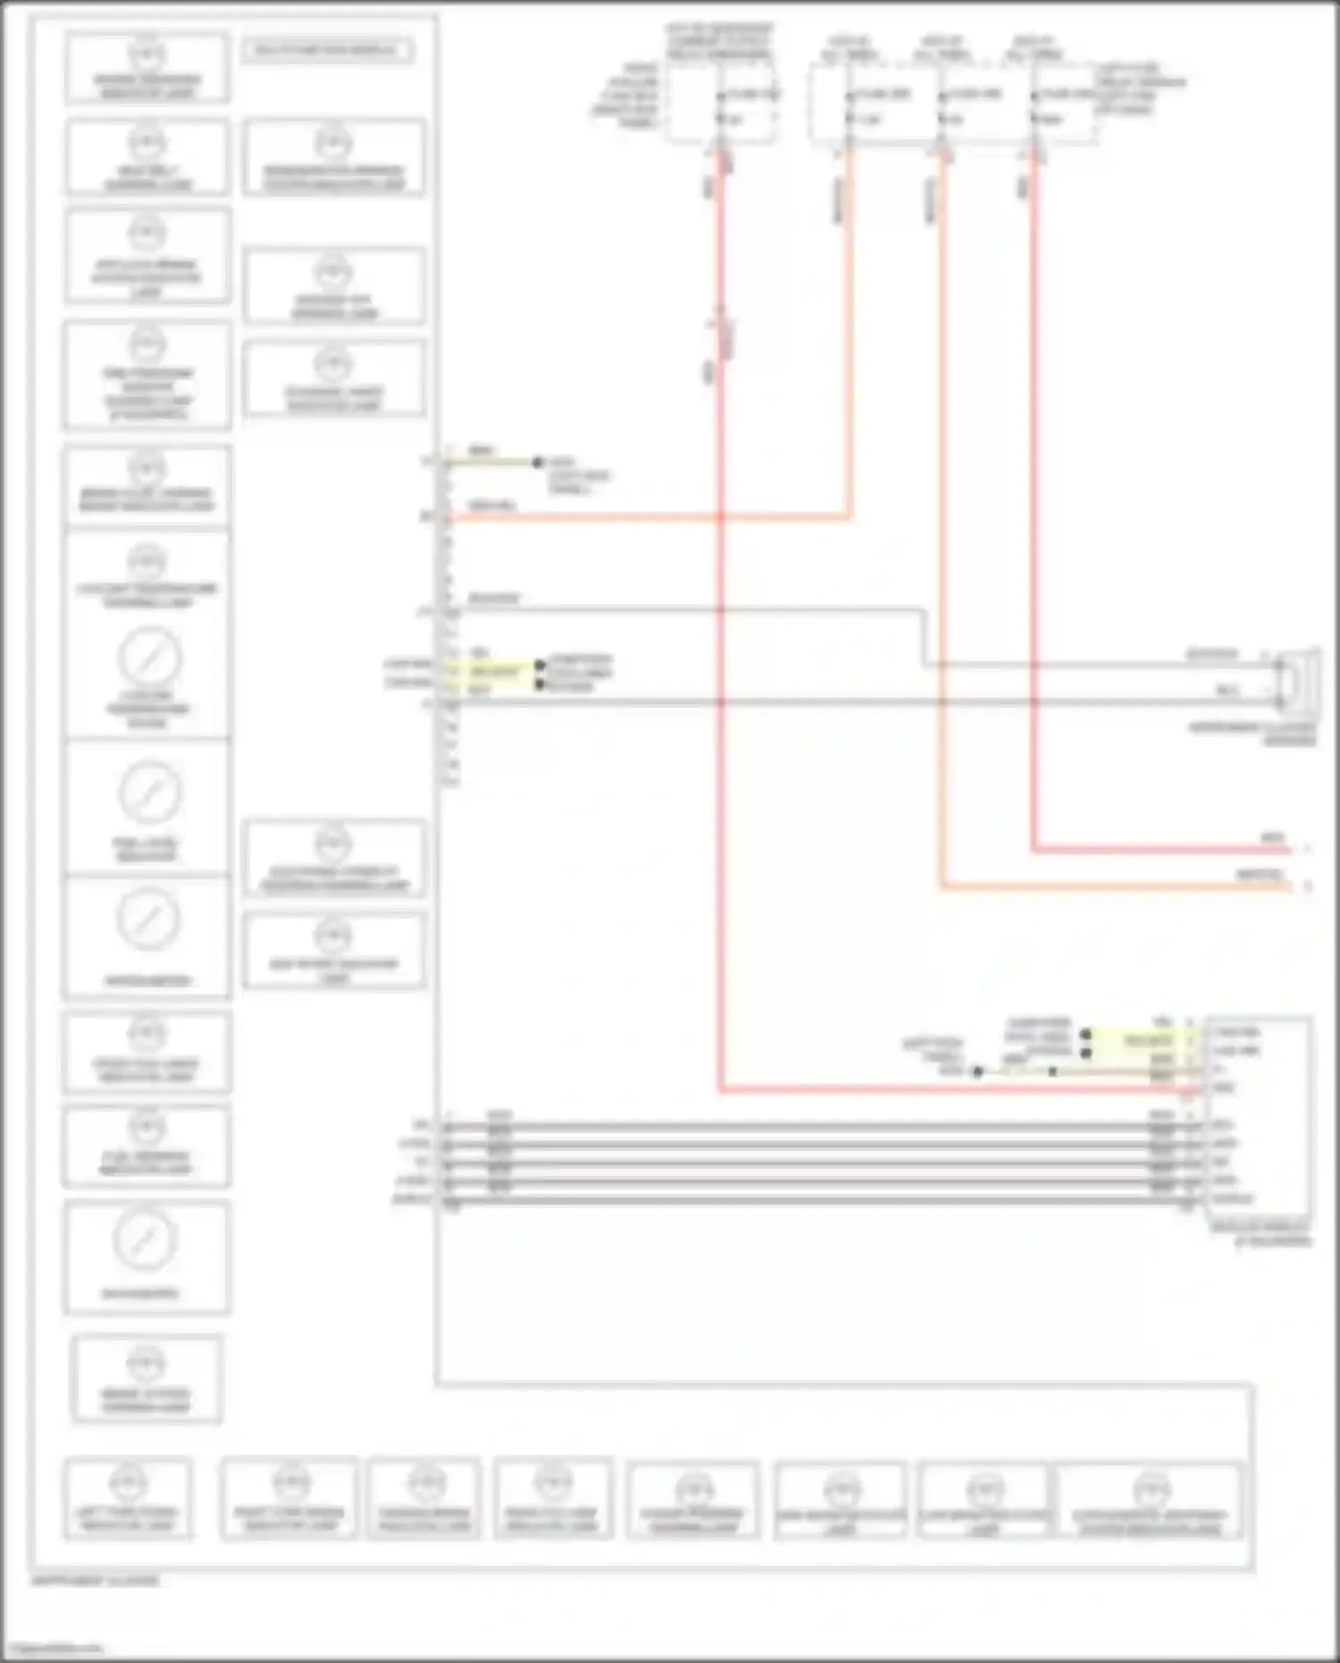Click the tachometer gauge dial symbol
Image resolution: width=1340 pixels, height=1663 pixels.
click(147, 920)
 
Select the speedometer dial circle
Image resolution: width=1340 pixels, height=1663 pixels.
click(146, 1239)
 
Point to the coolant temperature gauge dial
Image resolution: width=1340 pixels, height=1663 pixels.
click(149, 658)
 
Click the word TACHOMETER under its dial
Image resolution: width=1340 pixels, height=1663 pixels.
click(147, 980)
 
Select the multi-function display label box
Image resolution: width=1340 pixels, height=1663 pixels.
click(327, 50)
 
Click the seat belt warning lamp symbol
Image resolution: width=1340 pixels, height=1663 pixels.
click(147, 143)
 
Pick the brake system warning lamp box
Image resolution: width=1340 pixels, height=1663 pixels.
click(147, 1379)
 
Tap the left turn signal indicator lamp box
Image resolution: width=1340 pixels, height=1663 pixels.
click(128, 1499)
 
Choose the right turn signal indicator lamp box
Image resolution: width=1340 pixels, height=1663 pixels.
click(289, 1499)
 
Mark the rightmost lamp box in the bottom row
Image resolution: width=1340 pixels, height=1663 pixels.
click(1150, 1500)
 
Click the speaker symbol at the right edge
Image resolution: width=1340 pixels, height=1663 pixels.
click(1297, 681)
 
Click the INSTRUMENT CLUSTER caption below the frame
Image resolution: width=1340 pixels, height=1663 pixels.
click(95, 1580)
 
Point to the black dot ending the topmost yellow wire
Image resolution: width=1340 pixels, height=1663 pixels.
click(537, 462)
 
